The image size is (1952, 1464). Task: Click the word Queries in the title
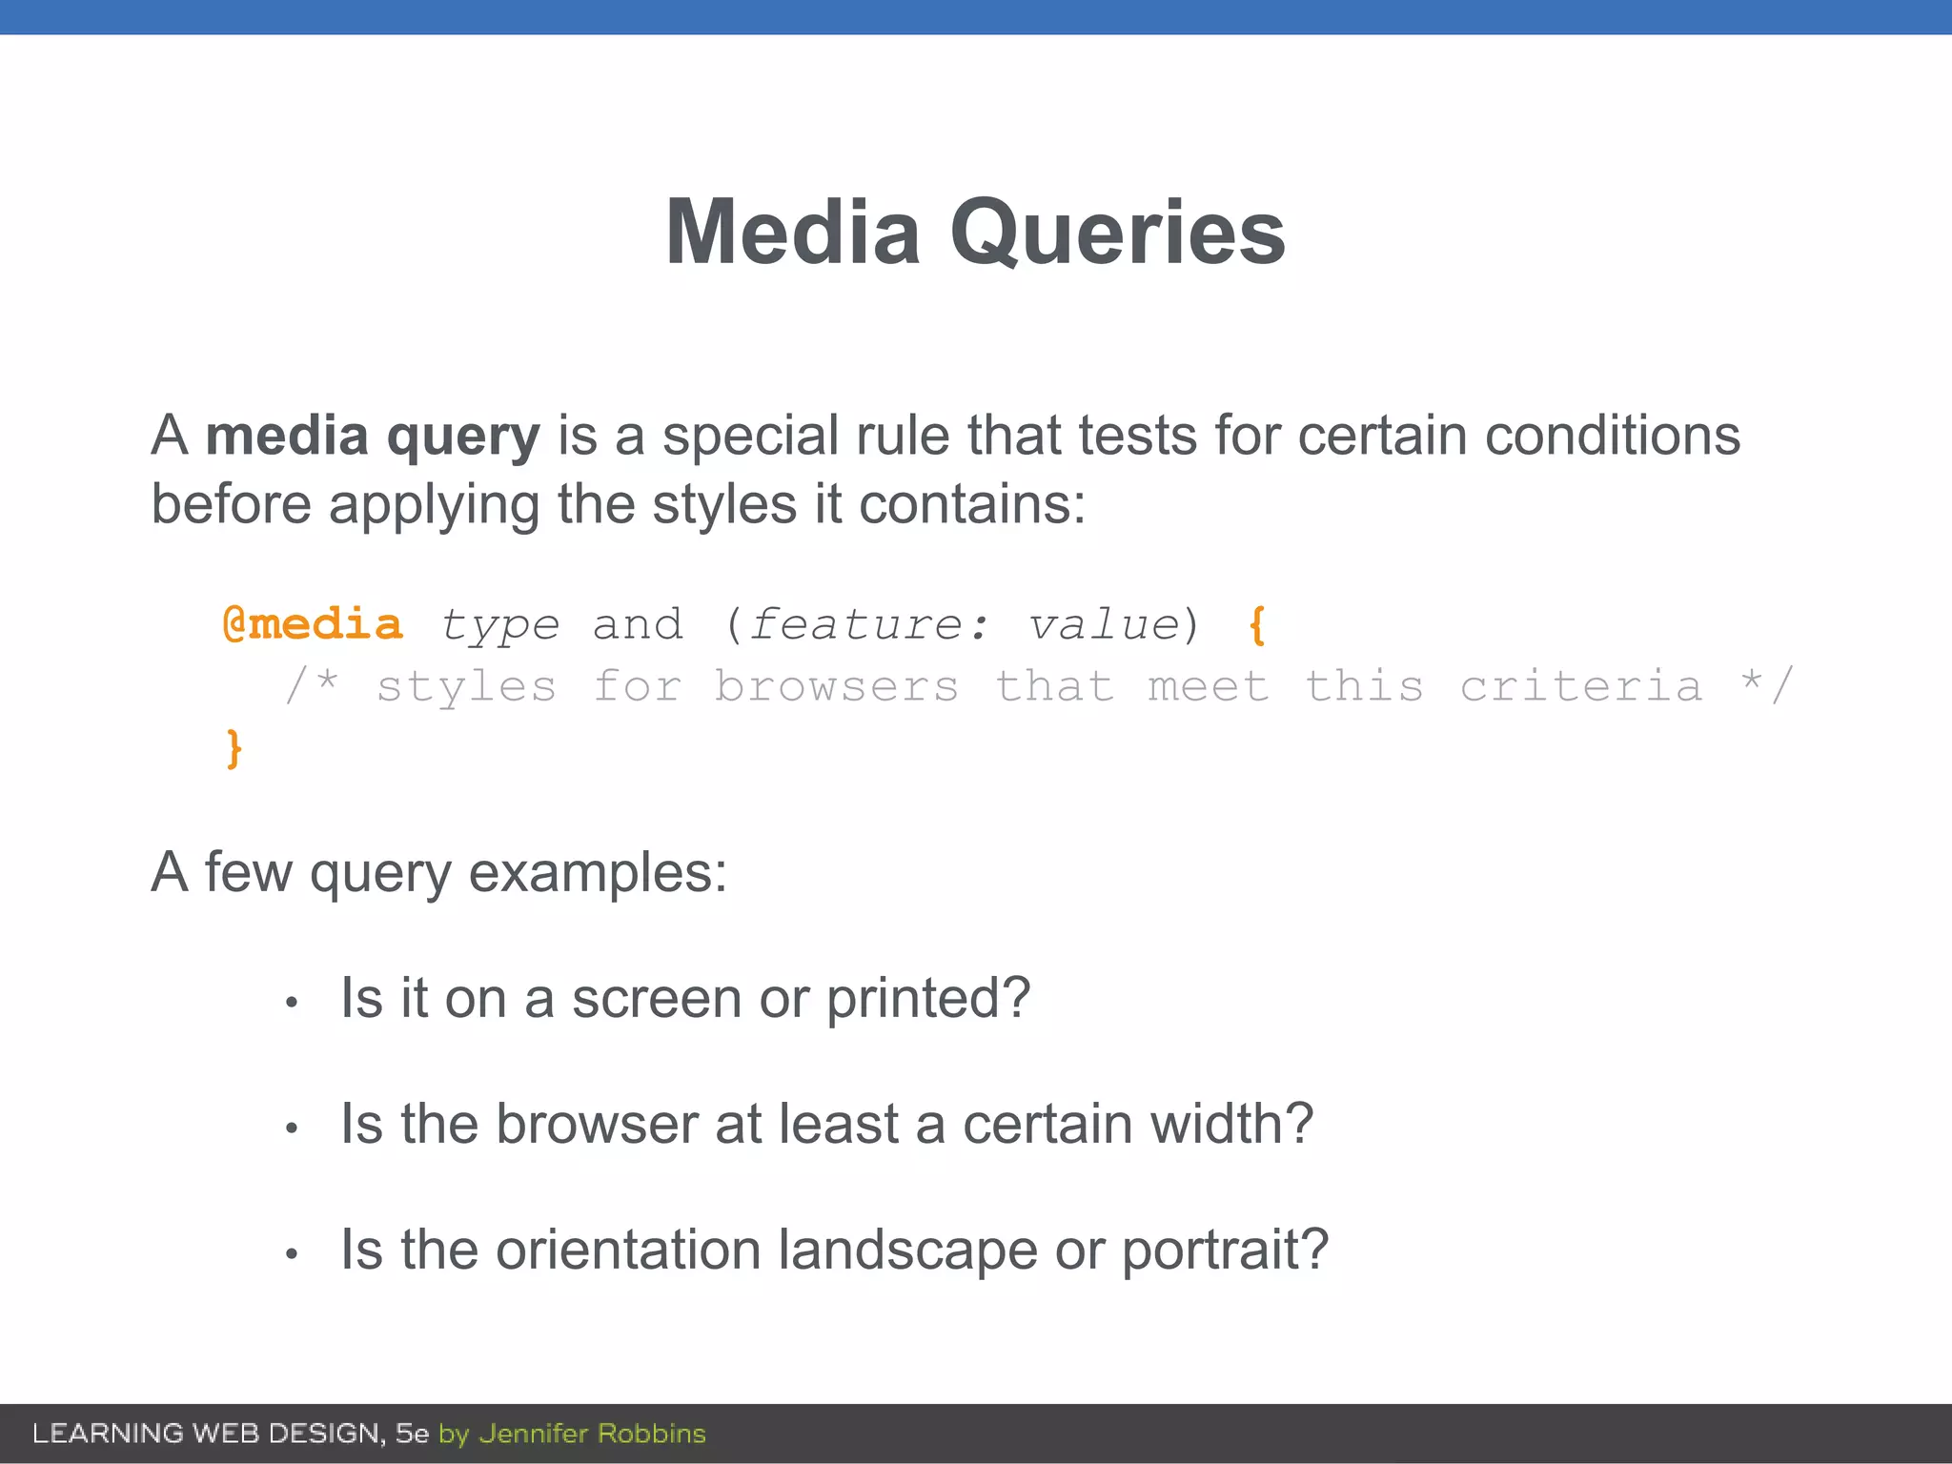pyautogui.click(x=1117, y=234)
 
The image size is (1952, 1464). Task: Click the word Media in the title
pyautogui.click(x=792, y=233)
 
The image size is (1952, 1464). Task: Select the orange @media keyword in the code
pyautogui.click(x=312, y=625)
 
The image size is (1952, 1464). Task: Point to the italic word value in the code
pyautogui.click(x=1104, y=625)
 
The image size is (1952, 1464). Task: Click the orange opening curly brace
pyautogui.click(x=1257, y=626)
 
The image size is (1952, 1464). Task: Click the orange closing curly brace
pyautogui.click(x=234, y=748)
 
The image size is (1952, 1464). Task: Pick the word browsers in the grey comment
pyautogui.click(x=836, y=687)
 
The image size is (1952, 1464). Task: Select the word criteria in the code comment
pyautogui.click(x=1580, y=687)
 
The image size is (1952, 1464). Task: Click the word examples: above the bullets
pyautogui.click(x=598, y=872)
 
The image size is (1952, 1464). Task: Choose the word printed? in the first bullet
pyautogui.click(x=927, y=1000)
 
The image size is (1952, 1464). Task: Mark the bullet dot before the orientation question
pyautogui.click(x=293, y=1254)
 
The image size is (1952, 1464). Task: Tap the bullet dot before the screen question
pyautogui.click(x=293, y=1003)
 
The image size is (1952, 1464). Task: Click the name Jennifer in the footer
pyautogui.click(x=533, y=1433)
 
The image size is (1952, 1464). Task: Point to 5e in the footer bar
pyautogui.click(x=412, y=1433)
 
